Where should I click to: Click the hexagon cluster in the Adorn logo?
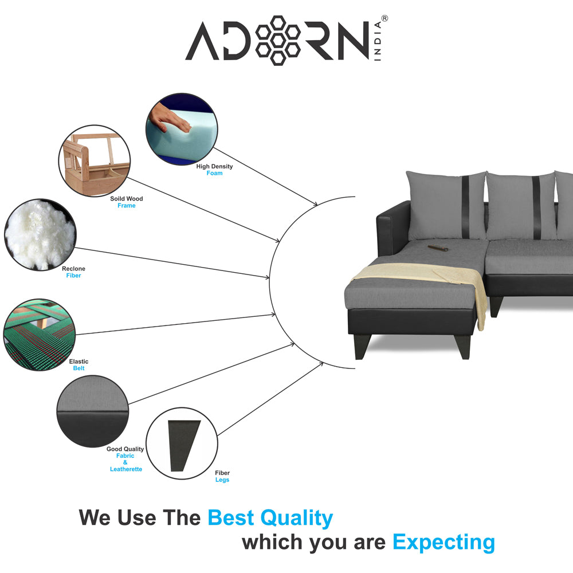[x=278, y=40]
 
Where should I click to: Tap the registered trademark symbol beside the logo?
[x=384, y=18]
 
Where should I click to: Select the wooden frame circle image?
[x=95, y=161]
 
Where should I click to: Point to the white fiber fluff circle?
[x=40, y=234]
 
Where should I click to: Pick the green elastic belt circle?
[x=40, y=335]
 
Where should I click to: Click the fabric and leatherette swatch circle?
[x=93, y=411]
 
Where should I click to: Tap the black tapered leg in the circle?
[x=183, y=445]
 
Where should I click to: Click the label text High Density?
[x=214, y=166]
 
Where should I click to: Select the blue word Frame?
[x=127, y=206]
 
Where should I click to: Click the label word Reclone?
[x=73, y=269]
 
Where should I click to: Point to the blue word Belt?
[x=79, y=368]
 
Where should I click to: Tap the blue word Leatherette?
[x=126, y=469]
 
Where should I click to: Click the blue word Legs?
[x=222, y=480]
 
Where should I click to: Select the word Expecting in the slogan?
[x=444, y=543]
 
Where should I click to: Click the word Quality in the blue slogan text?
[x=296, y=518]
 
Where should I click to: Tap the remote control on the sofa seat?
[x=438, y=248]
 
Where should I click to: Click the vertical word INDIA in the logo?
[x=378, y=41]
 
